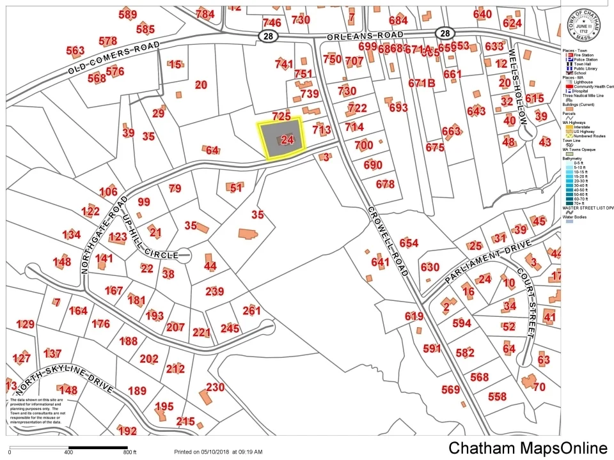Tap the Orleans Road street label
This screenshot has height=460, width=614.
coord(365,36)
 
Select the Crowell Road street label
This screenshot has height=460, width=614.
coord(388,241)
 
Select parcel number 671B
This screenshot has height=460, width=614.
coord(421,83)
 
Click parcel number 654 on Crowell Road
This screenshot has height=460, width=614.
coord(409,243)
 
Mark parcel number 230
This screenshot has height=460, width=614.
coord(216,387)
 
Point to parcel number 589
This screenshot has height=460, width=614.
coord(128,15)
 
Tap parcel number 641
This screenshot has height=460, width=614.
coord(380,261)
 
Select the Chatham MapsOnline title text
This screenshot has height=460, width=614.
coord(528,448)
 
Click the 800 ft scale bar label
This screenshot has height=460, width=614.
coord(130,452)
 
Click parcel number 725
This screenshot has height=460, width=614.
coord(281,116)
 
